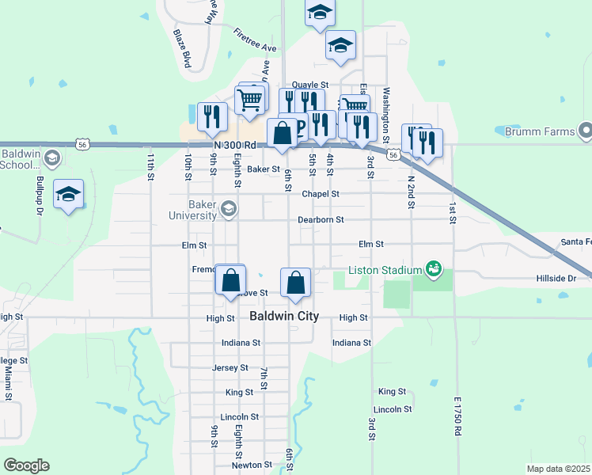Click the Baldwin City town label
284,316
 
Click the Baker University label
192,209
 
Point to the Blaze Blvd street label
183,47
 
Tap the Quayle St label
309,85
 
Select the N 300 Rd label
236,145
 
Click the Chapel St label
321,194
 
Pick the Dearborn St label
321,219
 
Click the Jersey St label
230,368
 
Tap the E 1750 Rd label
457,416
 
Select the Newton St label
246,465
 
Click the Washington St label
385,109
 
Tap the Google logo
26,465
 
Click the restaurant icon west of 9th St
211,116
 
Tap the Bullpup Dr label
37,202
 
